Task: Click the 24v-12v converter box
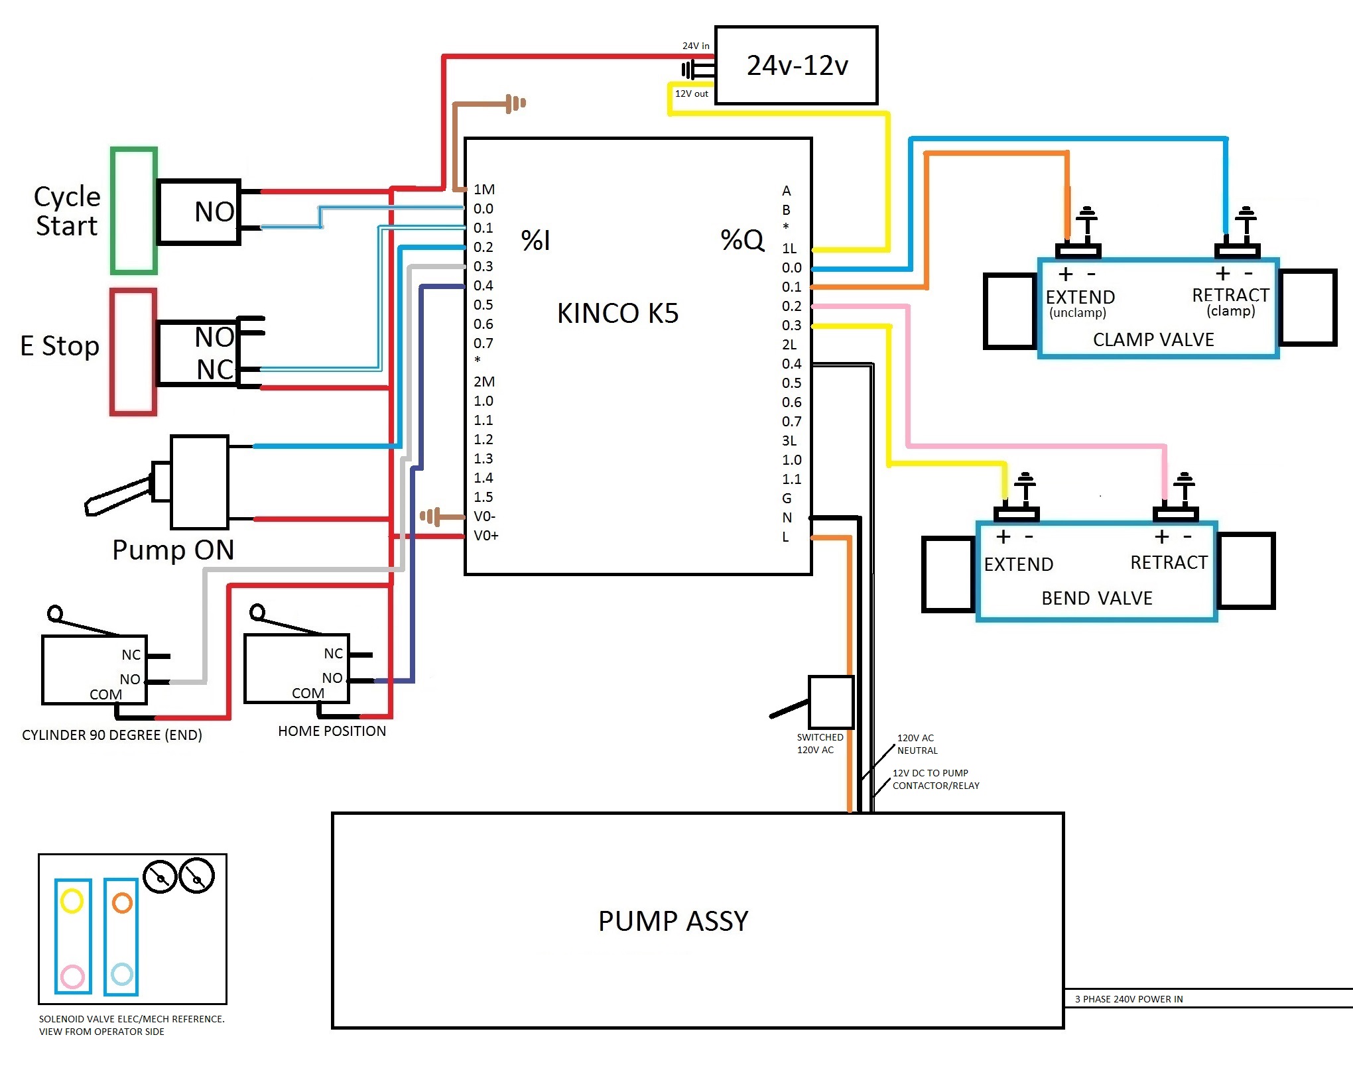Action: (796, 65)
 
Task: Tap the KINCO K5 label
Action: (617, 313)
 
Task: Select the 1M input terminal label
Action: (484, 190)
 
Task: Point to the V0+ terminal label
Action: (485, 536)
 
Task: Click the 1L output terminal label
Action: (789, 249)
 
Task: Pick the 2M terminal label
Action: (484, 382)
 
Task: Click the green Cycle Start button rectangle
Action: (134, 211)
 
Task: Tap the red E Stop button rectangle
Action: (133, 352)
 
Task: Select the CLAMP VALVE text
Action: (1153, 339)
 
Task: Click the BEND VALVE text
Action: (1097, 598)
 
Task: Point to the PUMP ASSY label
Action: (673, 921)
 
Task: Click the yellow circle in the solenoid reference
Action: (72, 901)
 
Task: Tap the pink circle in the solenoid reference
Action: (72, 976)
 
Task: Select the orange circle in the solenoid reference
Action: (122, 902)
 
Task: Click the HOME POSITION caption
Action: (332, 731)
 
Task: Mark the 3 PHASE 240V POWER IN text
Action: (1129, 999)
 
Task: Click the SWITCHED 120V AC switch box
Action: (830, 702)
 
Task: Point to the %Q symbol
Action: (742, 240)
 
